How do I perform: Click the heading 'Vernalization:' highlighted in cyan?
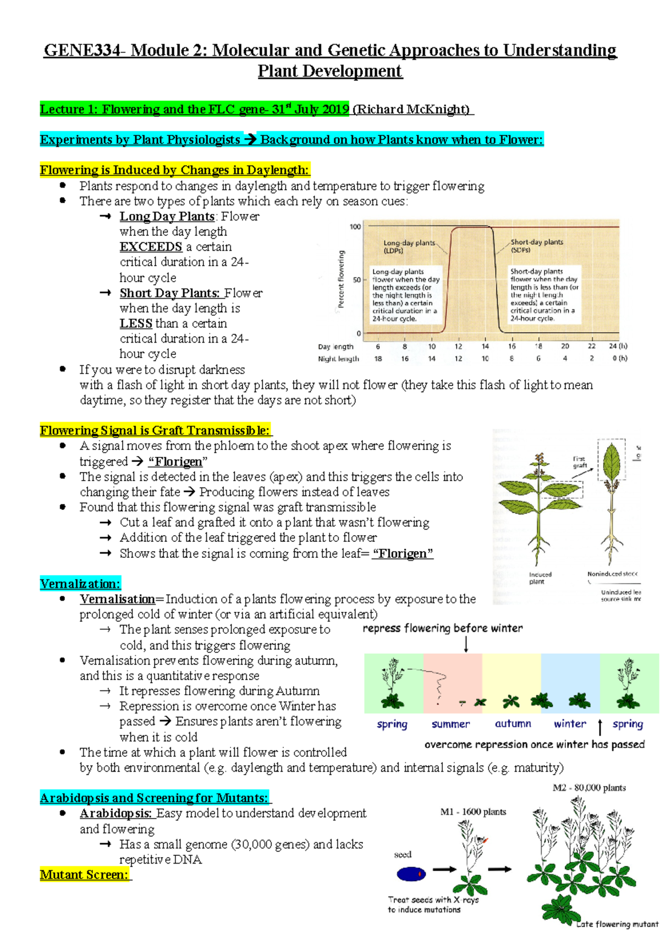[x=80, y=584]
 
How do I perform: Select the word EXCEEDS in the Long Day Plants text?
[x=151, y=246]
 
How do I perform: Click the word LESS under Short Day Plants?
[x=136, y=323]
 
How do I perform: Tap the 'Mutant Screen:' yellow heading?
[x=85, y=875]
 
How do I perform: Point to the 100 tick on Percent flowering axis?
[x=355, y=227]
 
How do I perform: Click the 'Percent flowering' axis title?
[x=341, y=279]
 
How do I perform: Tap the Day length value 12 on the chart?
[x=458, y=347]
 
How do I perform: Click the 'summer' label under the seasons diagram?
[x=450, y=724]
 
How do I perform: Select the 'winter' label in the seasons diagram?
[x=570, y=724]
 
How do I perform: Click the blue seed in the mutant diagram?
[x=411, y=873]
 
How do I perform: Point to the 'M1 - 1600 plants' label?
[x=473, y=812]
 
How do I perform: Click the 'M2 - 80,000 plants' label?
[x=589, y=788]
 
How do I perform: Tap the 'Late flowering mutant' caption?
[x=617, y=924]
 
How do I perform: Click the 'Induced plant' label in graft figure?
[x=540, y=578]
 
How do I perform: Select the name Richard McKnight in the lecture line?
[x=412, y=109]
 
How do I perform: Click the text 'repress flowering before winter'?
[x=442, y=628]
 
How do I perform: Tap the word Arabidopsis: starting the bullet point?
[x=116, y=813]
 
